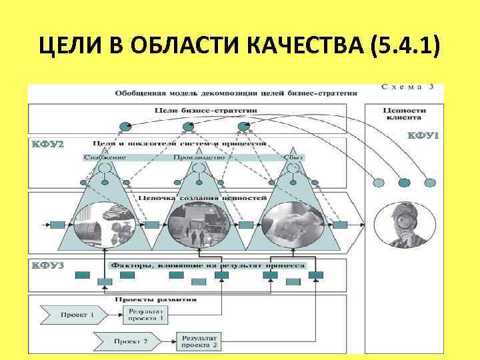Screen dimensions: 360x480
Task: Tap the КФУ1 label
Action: [x=422, y=136]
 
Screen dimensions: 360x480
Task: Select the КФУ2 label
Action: [x=47, y=145]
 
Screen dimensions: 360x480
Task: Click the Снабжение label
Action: [x=105, y=157]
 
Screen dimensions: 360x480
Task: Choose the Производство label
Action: [x=197, y=157]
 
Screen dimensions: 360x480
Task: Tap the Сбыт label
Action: [x=293, y=157]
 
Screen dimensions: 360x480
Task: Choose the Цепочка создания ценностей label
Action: [x=204, y=198]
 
